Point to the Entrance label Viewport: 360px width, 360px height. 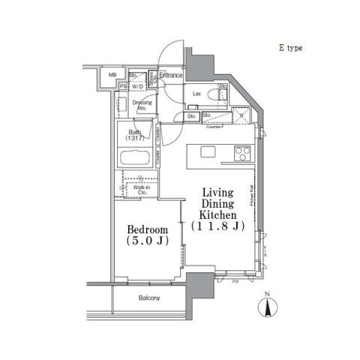pyautogui.click(x=171, y=75)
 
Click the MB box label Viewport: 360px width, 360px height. pyautogui.click(x=112, y=75)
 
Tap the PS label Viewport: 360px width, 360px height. pyautogui.click(x=122, y=86)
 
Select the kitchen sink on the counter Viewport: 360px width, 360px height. pyautogui.click(x=208, y=152)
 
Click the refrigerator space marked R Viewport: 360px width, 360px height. pyautogui.click(x=241, y=115)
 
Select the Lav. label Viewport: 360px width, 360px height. pyautogui.click(x=196, y=94)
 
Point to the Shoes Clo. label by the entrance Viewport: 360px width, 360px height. pyautogui.click(x=151, y=76)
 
